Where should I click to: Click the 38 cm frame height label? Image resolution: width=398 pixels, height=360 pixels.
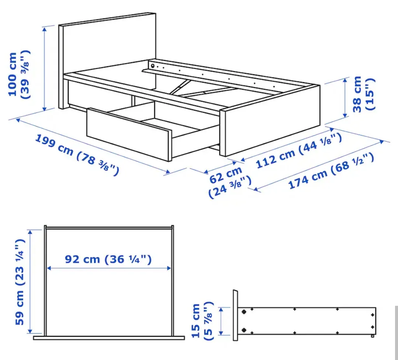point(357,94)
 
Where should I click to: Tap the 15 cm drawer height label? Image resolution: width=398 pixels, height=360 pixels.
point(196,321)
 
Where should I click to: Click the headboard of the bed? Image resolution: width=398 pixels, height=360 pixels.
point(107,44)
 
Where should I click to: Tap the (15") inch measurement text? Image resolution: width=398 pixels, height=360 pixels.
point(369,94)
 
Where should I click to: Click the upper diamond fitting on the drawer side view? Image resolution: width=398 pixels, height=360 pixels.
point(244,312)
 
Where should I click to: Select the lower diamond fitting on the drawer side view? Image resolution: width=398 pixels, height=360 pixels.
point(244,329)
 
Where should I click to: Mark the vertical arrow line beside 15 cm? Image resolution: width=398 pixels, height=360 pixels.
point(221,321)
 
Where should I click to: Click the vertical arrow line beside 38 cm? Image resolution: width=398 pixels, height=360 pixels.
point(345,97)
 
